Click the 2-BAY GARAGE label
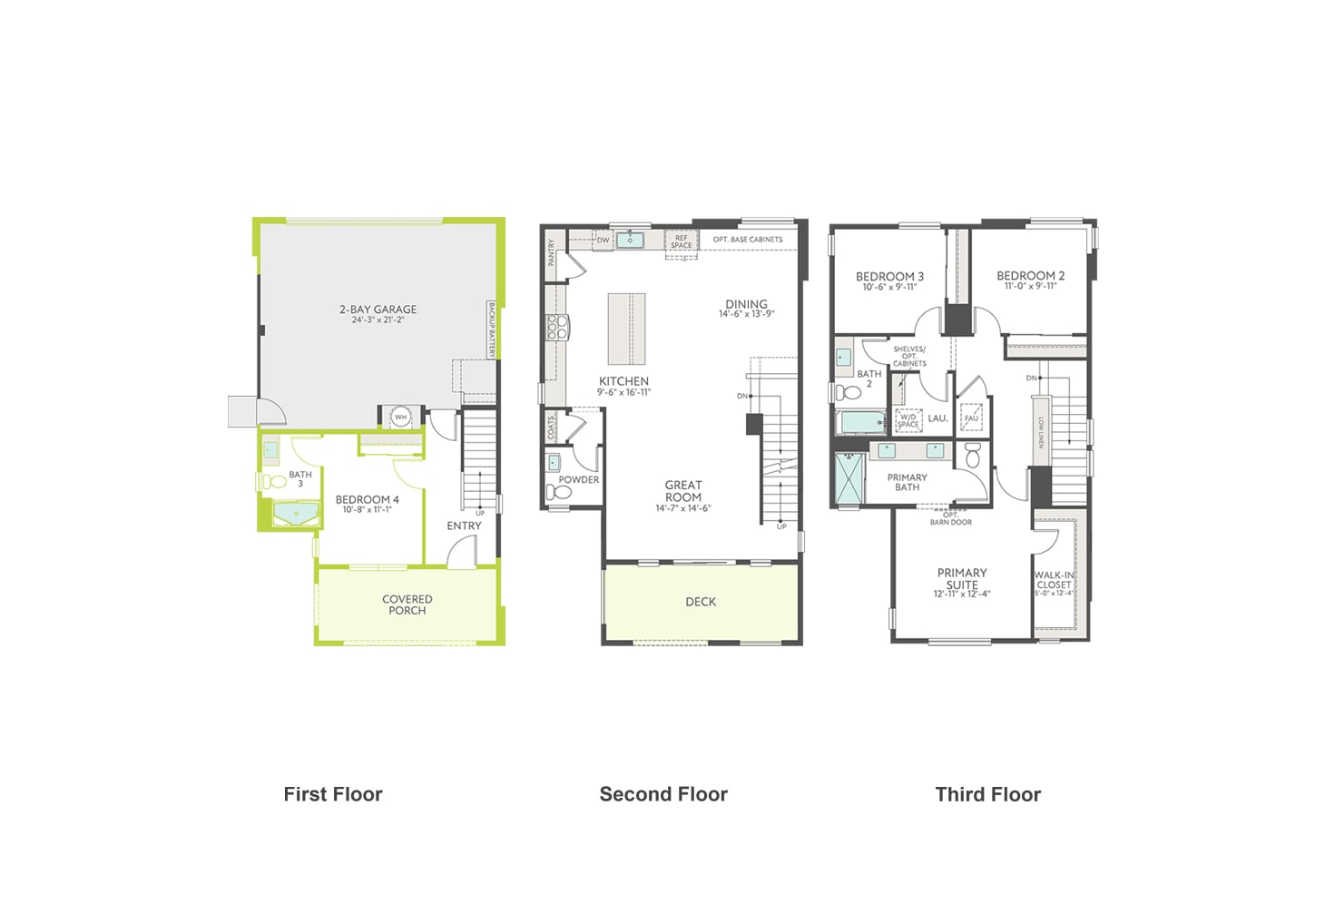[x=378, y=310]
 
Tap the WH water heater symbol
[x=400, y=418]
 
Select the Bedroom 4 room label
[x=367, y=500]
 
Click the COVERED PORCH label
[x=407, y=604]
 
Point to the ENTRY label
[x=464, y=526]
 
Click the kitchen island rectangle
[x=626, y=329]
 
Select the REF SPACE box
[x=681, y=242]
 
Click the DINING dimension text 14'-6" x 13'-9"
[x=746, y=315]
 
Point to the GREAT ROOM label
[x=682, y=491]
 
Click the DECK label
[x=701, y=602]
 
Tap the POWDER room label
[x=578, y=480]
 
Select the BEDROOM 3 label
[x=889, y=277]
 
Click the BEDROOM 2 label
[x=1030, y=276]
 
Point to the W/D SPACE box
[x=908, y=421]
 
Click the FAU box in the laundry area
[x=971, y=418]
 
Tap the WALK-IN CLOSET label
[x=1054, y=580]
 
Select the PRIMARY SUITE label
[x=962, y=578]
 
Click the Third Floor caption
[x=987, y=794]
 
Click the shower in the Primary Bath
[x=849, y=477]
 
